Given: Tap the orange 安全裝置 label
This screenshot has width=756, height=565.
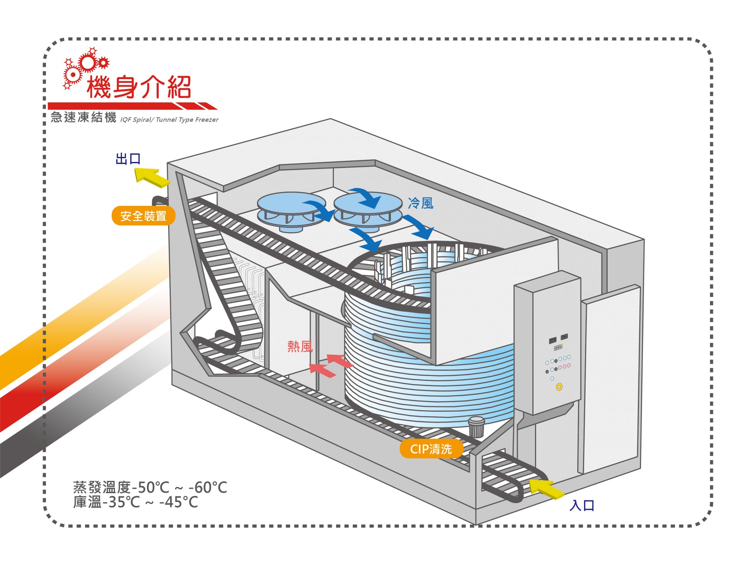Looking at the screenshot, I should click(143, 216).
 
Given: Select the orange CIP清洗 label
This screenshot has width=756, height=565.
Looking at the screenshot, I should click(431, 449).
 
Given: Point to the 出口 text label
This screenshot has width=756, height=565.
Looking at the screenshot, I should click(128, 159).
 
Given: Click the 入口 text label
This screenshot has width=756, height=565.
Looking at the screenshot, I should click(582, 505).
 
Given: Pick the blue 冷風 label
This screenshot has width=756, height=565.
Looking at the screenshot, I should click(421, 203).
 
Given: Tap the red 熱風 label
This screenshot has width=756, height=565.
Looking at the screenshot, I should click(300, 347).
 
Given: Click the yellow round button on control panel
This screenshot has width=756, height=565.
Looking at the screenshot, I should click(559, 387).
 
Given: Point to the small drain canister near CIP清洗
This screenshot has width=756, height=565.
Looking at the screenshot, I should click(476, 427).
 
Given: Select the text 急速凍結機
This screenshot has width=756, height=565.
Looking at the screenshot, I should click(83, 117).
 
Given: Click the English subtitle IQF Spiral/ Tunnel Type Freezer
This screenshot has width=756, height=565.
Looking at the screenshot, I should click(169, 120).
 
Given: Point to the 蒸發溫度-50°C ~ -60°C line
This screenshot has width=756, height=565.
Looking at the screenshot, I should click(150, 487).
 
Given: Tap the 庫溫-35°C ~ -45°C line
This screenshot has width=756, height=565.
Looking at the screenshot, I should click(135, 502).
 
